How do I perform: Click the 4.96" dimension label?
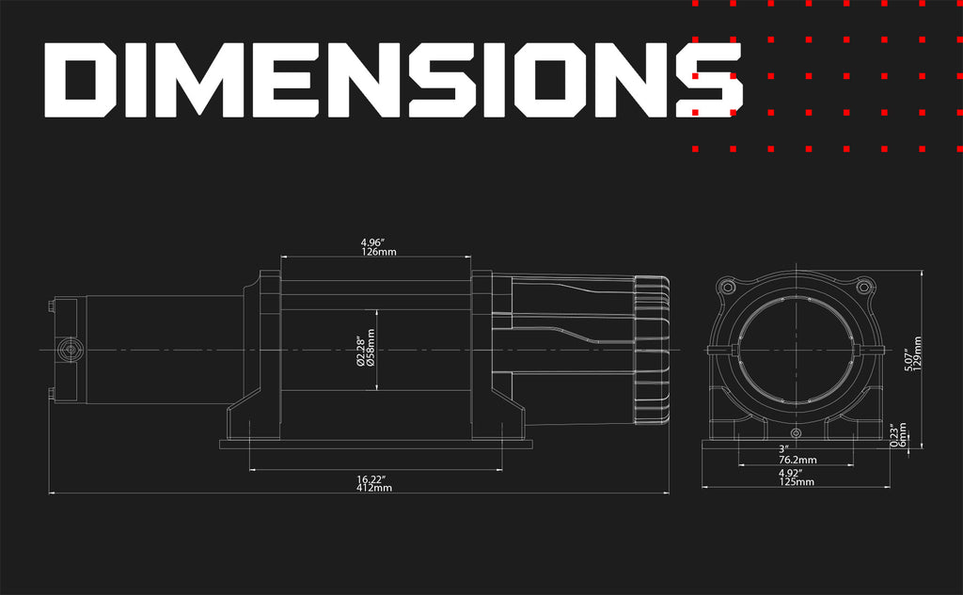click(372, 243)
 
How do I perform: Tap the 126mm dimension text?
click(378, 252)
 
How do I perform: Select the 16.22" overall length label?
click(371, 479)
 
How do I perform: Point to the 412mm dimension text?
click(374, 488)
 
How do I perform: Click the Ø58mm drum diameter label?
click(371, 348)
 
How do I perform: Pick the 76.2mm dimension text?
click(797, 460)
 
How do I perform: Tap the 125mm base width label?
click(797, 482)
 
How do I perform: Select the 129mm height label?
click(918, 353)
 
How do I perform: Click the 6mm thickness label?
click(902, 435)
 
